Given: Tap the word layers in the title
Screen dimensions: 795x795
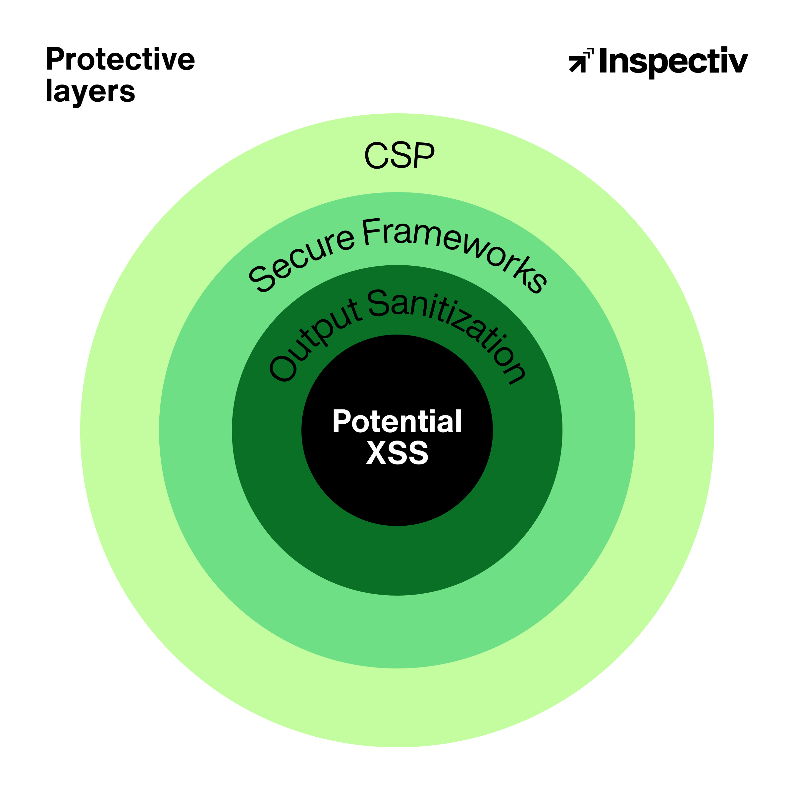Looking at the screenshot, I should tap(90, 91).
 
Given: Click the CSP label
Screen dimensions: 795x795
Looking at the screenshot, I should tap(399, 155).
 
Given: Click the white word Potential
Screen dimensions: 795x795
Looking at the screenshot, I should tap(397, 421).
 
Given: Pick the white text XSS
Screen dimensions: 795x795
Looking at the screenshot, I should tap(397, 452).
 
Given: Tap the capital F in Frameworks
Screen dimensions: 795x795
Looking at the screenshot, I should tap(371, 232).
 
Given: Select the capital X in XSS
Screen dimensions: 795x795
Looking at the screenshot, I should tap(376, 452).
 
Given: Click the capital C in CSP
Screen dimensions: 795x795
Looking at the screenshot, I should tap(376, 155).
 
